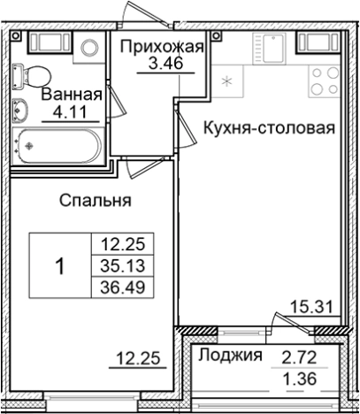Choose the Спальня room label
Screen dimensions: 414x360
click(x=96, y=201)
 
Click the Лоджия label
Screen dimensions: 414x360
click(x=229, y=356)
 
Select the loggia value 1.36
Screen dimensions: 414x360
click(x=298, y=381)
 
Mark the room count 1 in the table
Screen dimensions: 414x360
click(x=60, y=264)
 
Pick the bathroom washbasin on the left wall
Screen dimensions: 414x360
click(x=20, y=110)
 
